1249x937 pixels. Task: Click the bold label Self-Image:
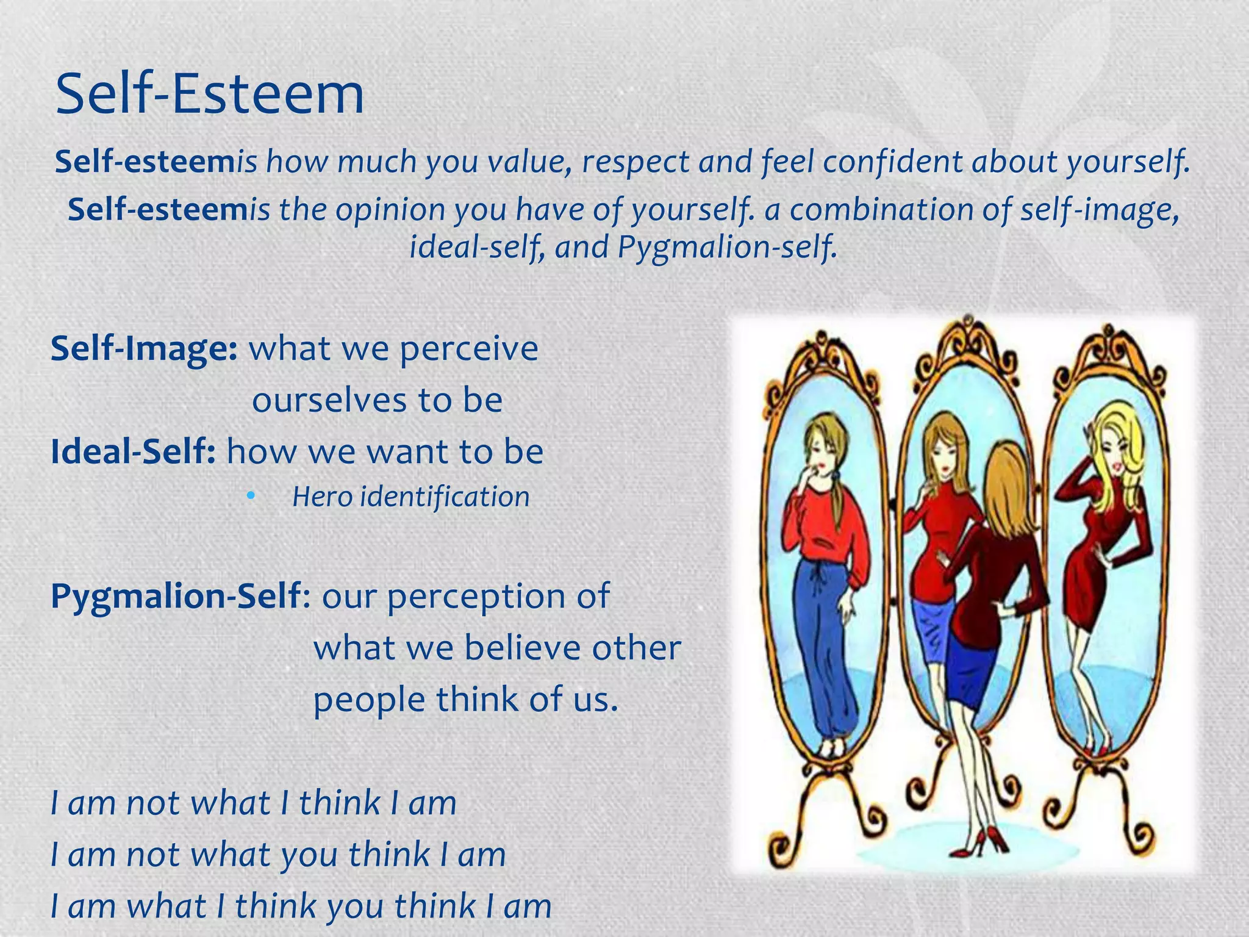click(x=144, y=349)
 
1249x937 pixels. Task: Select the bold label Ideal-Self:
click(x=133, y=452)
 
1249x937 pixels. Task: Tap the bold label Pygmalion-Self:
click(x=181, y=596)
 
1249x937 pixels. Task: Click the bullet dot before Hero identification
click(x=250, y=497)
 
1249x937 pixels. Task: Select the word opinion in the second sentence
click(x=390, y=210)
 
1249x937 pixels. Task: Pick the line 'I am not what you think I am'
click(x=278, y=854)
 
